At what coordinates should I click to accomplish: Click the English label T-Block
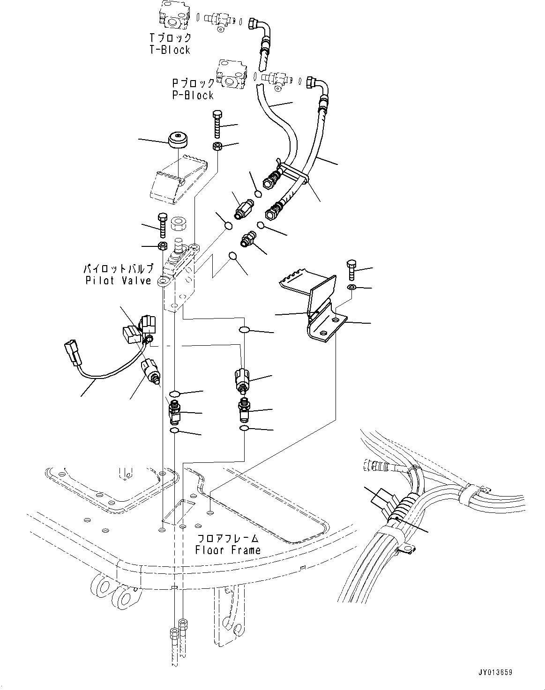[x=170, y=50]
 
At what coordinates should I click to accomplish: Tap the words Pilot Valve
[x=119, y=281]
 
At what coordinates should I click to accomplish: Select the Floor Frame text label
[x=228, y=550]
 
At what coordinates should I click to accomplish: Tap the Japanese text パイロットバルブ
[x=118, y=269]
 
